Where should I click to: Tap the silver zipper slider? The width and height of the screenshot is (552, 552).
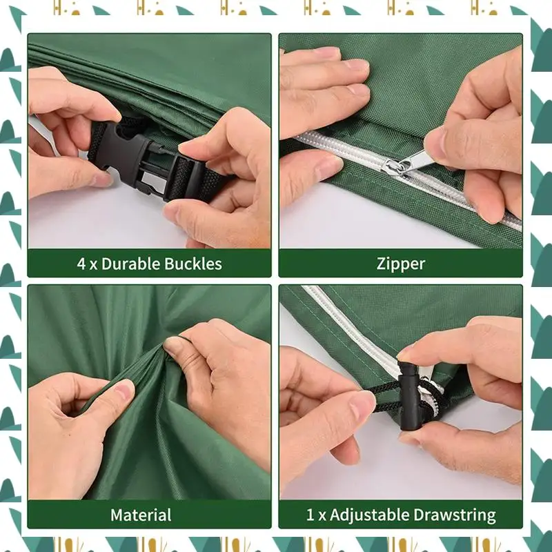(x=398, y=166)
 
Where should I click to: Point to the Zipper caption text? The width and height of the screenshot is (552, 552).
(x=400, y=264)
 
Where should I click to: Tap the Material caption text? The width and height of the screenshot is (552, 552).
(x=141, y=515)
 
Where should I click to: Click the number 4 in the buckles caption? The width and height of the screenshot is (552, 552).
(x=81, y=264)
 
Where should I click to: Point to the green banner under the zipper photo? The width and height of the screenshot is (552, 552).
(x=400, y=264)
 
